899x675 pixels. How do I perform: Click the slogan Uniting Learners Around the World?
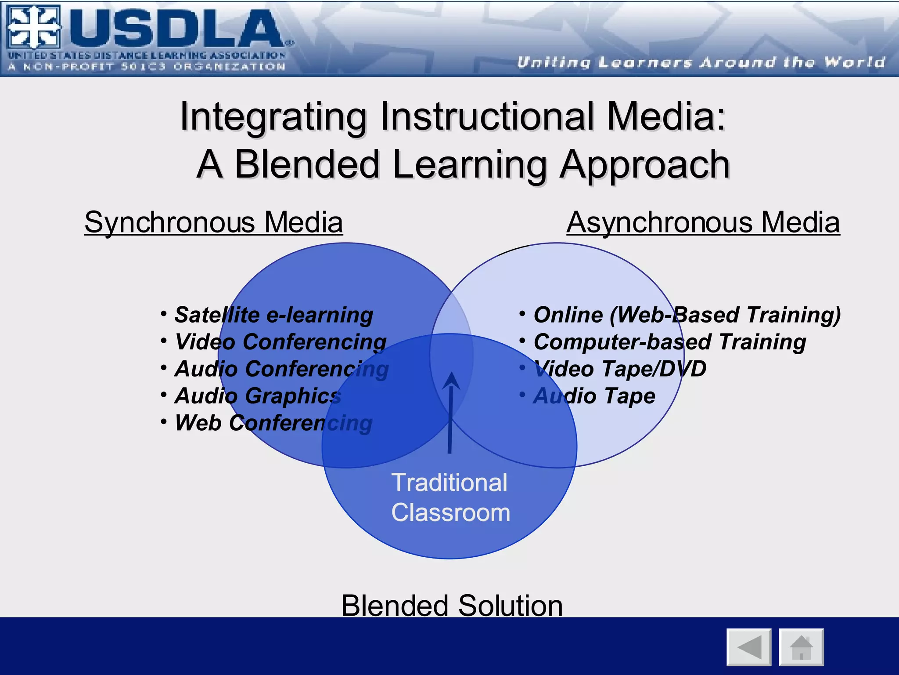pos(701,62)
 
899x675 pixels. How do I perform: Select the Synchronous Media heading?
pos(213,222)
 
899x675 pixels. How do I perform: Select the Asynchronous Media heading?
pos(703,222)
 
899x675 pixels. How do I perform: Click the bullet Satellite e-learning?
pos(273,315)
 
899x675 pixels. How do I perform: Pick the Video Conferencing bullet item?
pos(280,342)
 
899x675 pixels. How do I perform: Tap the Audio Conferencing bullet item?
pos(281,369)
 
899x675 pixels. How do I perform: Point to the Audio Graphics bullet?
pos(258,396)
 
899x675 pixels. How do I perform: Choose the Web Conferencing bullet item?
pos(273,423)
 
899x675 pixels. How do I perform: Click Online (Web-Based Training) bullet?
pos(687,315)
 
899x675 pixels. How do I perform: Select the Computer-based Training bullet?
pos(669,342)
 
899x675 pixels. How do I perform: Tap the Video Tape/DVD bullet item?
pos(619,369)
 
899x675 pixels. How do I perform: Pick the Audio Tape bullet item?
pos(594,396)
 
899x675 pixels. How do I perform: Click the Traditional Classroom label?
pos(450,497)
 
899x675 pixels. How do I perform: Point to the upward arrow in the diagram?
pos(450,413)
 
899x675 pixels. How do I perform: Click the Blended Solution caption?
pos(452,606)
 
